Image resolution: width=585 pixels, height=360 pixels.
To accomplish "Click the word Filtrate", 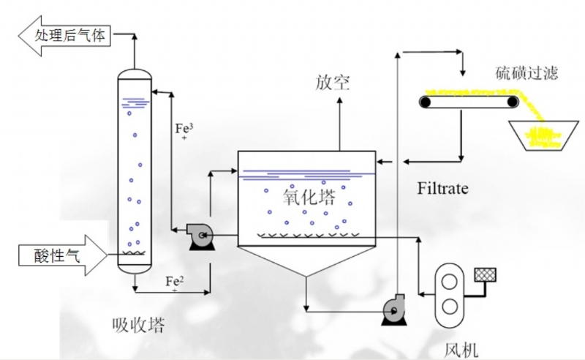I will [442, 189].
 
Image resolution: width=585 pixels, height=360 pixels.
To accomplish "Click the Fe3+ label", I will [184, 130].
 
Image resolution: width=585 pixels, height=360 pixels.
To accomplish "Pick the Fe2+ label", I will [174, 282].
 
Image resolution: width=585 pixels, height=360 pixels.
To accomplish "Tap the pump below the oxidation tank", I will [395, 312].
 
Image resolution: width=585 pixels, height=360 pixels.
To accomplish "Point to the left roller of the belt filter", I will [425, 102].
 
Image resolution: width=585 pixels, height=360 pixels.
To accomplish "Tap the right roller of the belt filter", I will [514, 102].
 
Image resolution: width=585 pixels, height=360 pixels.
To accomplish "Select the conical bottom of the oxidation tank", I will [306, 260].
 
